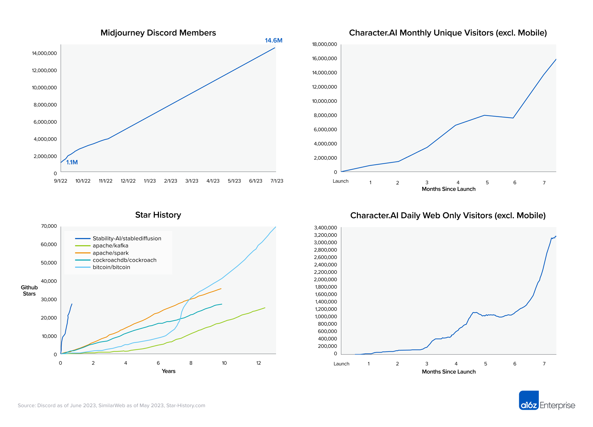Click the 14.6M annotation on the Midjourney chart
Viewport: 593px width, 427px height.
click(273, 41)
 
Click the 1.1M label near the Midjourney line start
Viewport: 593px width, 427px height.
click(72, 162)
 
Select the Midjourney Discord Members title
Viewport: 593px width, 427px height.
click(158, 33)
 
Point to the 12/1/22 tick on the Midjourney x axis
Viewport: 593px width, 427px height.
click(128, 181)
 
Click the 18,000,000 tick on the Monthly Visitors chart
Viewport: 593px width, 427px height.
click(324, 44)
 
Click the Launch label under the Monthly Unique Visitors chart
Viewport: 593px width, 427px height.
click(340, 181)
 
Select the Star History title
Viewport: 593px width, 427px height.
click(158, 215)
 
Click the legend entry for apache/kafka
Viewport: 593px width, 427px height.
click(110, 245)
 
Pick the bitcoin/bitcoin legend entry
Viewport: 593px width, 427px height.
click(111, 267)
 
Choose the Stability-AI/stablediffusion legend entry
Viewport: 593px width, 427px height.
click(127, 238)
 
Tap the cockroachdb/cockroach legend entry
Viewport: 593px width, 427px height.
click(124, 260)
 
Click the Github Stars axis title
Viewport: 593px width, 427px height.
click(29, 290)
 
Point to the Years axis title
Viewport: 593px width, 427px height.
click(168, 371)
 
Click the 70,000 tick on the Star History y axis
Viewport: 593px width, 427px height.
click(49, 226)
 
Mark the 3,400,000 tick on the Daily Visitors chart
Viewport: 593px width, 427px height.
click(325, 228)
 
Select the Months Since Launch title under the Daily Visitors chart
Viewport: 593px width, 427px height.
click(448, 372)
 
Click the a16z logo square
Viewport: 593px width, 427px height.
click(529, 400)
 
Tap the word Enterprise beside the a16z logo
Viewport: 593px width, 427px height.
click(557, 405)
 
